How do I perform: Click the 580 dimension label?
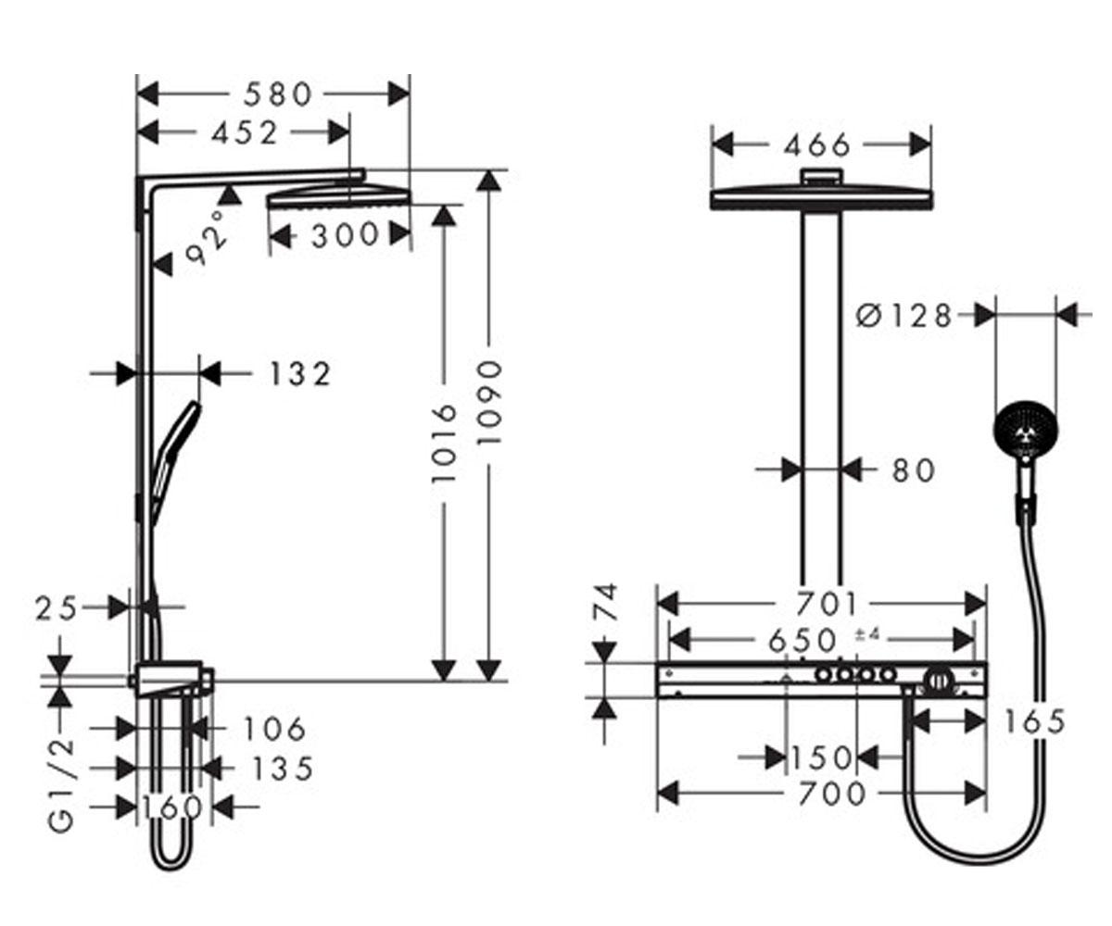(x=277, y=94)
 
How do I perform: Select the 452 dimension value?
(x=245, y=132)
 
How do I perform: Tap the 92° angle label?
(x=206, y=238)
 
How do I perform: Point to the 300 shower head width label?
(x=345, y=234)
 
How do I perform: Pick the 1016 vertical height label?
(x=444, y=444)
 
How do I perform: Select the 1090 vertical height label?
(x=489, y=403)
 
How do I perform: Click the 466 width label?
(x=817, y=145)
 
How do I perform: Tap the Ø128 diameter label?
(x=903, y=316)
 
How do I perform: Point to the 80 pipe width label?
(x=914, y=470)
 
